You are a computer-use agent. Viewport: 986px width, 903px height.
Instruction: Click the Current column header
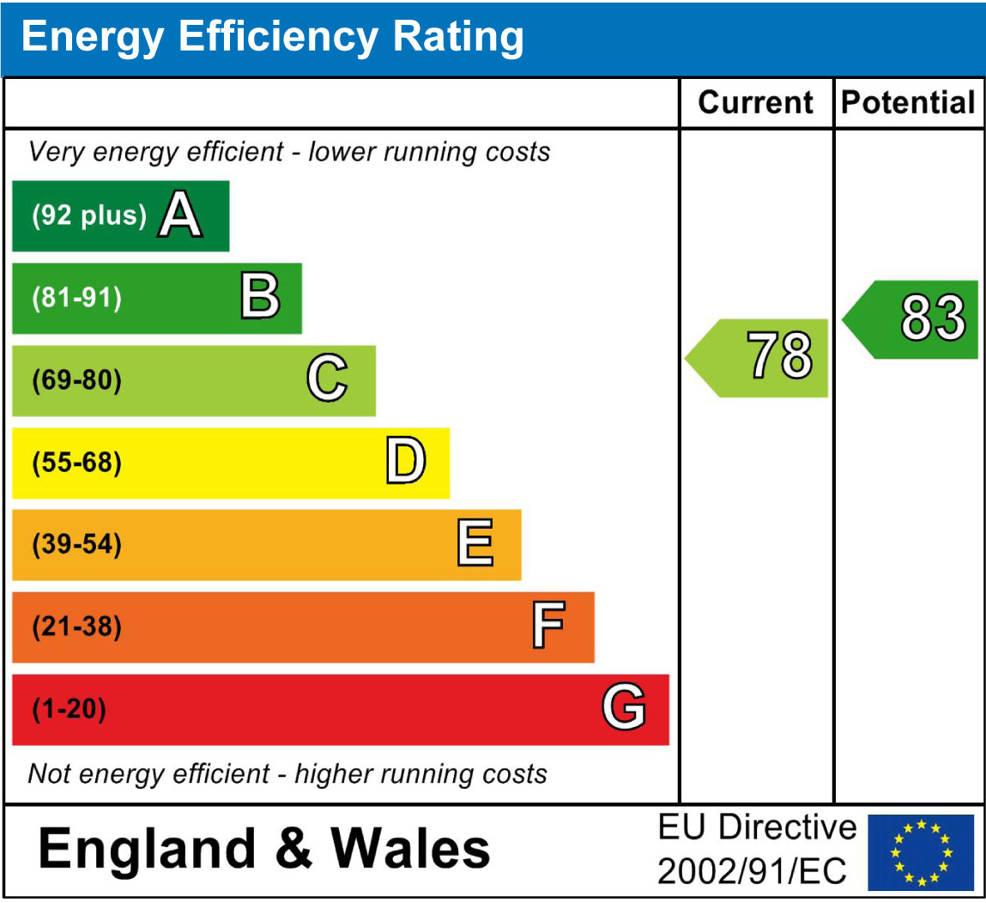coord(755,103)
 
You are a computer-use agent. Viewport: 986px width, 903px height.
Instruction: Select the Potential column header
coord(908,103)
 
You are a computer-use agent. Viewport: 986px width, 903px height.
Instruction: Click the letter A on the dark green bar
coord(180,215)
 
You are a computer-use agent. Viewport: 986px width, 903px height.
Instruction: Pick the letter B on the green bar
coord(260,298)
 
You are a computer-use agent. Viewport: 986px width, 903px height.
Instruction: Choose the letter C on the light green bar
coord(327,379)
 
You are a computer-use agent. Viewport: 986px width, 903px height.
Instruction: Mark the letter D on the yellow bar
coord(405,462)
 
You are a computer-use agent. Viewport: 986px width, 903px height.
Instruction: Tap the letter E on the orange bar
coord(475,544)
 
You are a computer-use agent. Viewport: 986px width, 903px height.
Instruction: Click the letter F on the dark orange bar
coord(548,627)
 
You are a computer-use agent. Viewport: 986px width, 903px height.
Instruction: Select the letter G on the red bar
coord(623,709)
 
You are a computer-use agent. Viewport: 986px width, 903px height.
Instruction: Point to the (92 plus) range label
coord(89,215)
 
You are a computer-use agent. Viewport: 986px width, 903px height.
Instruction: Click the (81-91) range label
coord(76,298)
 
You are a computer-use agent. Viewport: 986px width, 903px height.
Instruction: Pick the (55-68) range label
coord(76,463)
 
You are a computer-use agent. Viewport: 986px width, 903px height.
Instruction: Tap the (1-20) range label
coord(69,710)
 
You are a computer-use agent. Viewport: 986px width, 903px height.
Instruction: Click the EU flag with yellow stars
coord(921,851)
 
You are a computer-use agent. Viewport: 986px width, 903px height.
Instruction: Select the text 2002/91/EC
coord(752,872)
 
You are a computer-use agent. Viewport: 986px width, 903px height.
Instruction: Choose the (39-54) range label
coord(76,544)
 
